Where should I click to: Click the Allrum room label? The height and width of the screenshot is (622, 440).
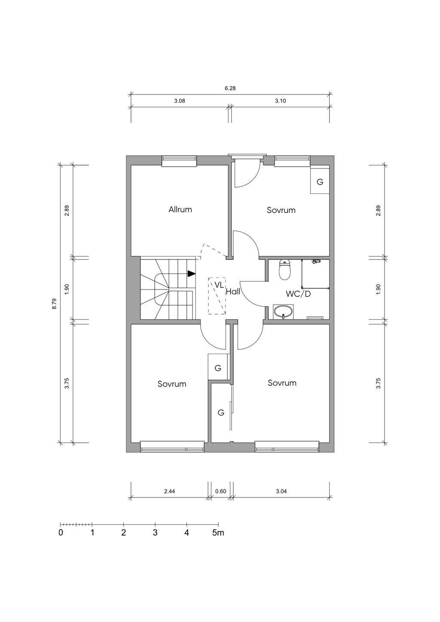tap(180, 209)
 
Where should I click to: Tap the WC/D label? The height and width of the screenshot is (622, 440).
tap(298, 294)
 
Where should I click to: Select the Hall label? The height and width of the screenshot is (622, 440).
tap(233, 291)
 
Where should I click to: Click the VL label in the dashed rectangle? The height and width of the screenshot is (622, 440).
tap(219, 285)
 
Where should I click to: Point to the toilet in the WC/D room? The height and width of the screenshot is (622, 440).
tap(285, 270)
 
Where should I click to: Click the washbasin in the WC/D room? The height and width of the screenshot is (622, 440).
tap(283, 311)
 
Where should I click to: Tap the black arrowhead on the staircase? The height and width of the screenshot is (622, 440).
tap(191, 274)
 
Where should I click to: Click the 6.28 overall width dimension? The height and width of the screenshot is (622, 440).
tap(230, 88)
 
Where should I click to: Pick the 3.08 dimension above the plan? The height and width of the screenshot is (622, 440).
tap(180, 101)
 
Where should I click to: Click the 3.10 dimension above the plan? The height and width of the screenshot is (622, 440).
tap(280, 101)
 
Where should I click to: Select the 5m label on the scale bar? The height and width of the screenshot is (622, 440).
tap(218, 533)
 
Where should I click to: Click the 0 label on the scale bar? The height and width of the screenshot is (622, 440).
tap(61, 533)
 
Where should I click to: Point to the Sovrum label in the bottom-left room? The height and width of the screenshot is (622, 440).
tap(172, 384)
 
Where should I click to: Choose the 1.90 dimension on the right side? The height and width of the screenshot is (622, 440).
tap(378, 289)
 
